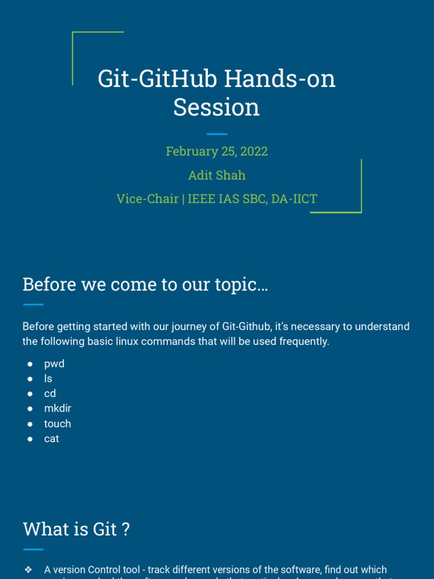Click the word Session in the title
tap(216, 107)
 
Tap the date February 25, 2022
tap(216, 152)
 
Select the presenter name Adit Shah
tap(216, 175)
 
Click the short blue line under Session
tap(216, 134)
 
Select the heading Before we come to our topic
tap(145, 284)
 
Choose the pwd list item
tap(54, 364)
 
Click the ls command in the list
tap(48, 379)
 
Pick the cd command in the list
tap(50, 394)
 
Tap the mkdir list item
tap(58, 408)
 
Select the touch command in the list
tap(58, 424)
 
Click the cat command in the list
tap(51, 438)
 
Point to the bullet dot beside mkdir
tap(30, 409)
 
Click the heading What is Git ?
tap(76, 530)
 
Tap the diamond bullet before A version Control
tap(28, 569)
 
